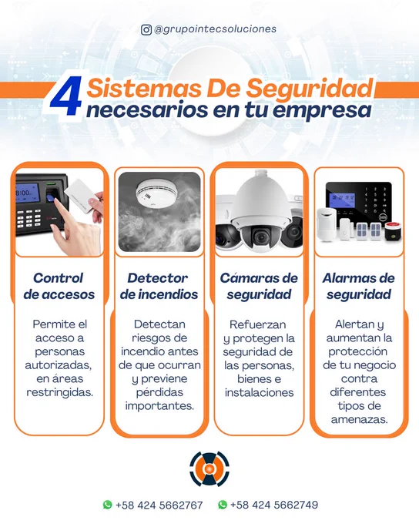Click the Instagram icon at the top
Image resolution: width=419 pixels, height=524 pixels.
(x=146, y=30)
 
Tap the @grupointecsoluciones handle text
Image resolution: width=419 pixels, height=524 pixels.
(x=215, y=29)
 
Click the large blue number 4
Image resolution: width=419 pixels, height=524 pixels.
(x=66, y=96)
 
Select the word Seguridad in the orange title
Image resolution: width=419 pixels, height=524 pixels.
(x=310, y=89)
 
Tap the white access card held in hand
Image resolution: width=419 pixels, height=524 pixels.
(x=81, y=195)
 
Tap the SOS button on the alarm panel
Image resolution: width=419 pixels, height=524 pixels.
(x=383, y=217)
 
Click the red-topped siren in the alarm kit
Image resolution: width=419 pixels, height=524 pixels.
(x=393, y=231)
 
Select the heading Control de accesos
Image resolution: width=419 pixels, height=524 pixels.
(x=59, y=286)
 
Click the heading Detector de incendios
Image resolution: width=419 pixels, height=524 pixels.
(x=159, y=286)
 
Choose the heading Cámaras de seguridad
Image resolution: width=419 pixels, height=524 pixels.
(x=259, y=286)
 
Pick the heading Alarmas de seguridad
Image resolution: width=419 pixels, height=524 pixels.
(x=359, y=286)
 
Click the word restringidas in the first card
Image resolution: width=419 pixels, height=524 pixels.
(x=60, y=392)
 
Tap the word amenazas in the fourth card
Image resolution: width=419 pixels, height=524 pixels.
(x=360, y=419)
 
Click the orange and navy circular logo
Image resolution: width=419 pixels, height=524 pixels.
(x=209, y=469)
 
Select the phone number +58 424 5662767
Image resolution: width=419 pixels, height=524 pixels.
(x=159, y=505)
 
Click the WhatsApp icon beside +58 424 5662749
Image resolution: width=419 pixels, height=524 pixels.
(x=223, y=504)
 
